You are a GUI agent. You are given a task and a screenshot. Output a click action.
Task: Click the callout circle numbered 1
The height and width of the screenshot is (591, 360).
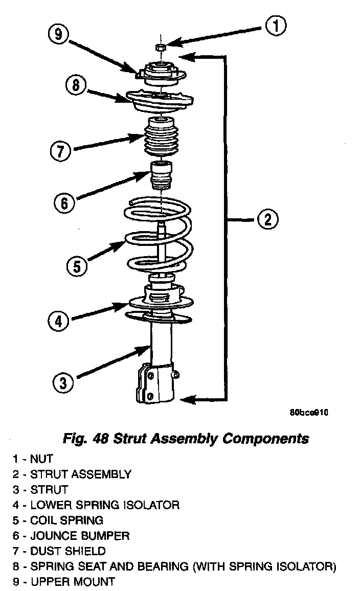pyautogui.click(x=275, y=26)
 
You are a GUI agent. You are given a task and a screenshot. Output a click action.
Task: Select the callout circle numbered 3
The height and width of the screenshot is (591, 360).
pyautogui.click(x=62, y=383)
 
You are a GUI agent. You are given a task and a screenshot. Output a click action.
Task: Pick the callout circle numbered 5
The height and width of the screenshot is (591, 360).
pyautogui.click(x=76, y=266)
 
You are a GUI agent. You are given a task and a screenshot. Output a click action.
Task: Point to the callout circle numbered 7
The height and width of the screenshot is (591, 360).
pyautogui.click(x=60, y=151)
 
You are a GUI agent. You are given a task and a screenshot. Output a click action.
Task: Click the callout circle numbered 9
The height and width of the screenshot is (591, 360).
pyautogui.click(x=58, y=35)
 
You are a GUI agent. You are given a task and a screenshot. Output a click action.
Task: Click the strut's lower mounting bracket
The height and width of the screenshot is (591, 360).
pyautogui.click(x=156, y=383)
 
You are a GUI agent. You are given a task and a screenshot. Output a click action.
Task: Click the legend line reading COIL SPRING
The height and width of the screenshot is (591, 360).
pyautogui.click(x=66, y=520)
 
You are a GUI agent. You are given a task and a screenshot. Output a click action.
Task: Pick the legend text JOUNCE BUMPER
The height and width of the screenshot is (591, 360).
pyautogui.click(x=79, y=536)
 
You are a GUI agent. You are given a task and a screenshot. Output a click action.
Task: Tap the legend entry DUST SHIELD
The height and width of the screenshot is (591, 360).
pyautogui.click(x=68, y=551)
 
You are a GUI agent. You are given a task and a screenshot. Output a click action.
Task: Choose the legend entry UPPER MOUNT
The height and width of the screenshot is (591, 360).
pyautogui.click(x=72, y=582)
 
